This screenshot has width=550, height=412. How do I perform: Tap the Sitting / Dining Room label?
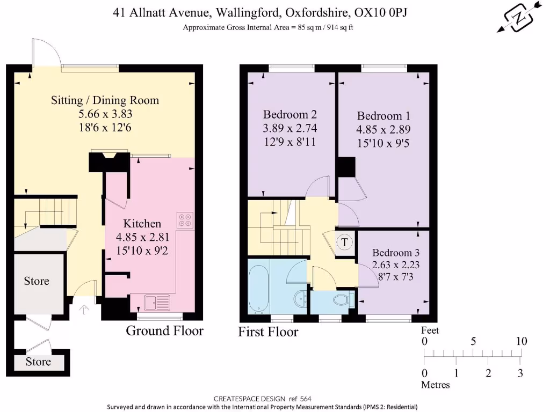coord(105,100)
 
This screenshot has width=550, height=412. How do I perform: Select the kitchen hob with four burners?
coord(185,220)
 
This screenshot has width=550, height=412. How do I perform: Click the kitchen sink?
coord(156,302)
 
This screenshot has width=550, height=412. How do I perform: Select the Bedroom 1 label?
coord(380,116)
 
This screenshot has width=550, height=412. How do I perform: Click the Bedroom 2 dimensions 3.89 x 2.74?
coord(290,128)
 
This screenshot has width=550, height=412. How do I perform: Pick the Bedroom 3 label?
coord(396,253)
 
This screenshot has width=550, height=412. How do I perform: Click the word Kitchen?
coord(142,224)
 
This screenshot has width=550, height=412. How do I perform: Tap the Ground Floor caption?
coord(164,330)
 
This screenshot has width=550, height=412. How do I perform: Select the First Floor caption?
coord(268,332)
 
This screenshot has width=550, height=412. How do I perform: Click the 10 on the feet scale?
coord(521,341)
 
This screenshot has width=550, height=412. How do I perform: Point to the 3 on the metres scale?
coord(520,373)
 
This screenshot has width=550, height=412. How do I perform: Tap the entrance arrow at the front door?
coord(85,310)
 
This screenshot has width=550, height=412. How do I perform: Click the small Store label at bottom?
coord(38,362)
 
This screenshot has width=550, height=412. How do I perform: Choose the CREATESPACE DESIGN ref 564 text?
coord(262,399)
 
